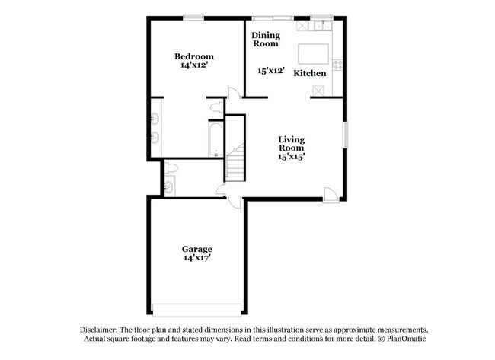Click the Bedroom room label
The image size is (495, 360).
[193, 56]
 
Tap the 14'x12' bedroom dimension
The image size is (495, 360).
[193, 66]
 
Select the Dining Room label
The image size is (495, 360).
[266, 39]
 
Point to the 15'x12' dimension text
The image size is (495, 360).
[271, 71]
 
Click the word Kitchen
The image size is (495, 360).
[310, 73]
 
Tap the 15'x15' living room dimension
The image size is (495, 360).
[291, 157]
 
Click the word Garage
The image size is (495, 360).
[196, 249]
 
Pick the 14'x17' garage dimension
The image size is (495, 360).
[196, 259]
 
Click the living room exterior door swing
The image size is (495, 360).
[330, 194]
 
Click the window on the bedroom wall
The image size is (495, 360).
[193, 18]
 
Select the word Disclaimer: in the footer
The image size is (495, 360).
[102, 329]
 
